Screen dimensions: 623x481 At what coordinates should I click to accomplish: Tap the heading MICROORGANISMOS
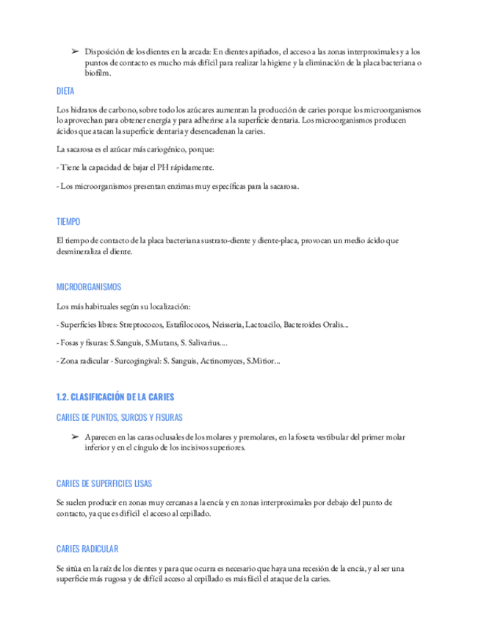click(89, 287)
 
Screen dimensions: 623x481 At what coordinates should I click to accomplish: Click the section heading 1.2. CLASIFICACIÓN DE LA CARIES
click(115, 397)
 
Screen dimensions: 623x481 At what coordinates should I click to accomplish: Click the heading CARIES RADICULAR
click(87, 549)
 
